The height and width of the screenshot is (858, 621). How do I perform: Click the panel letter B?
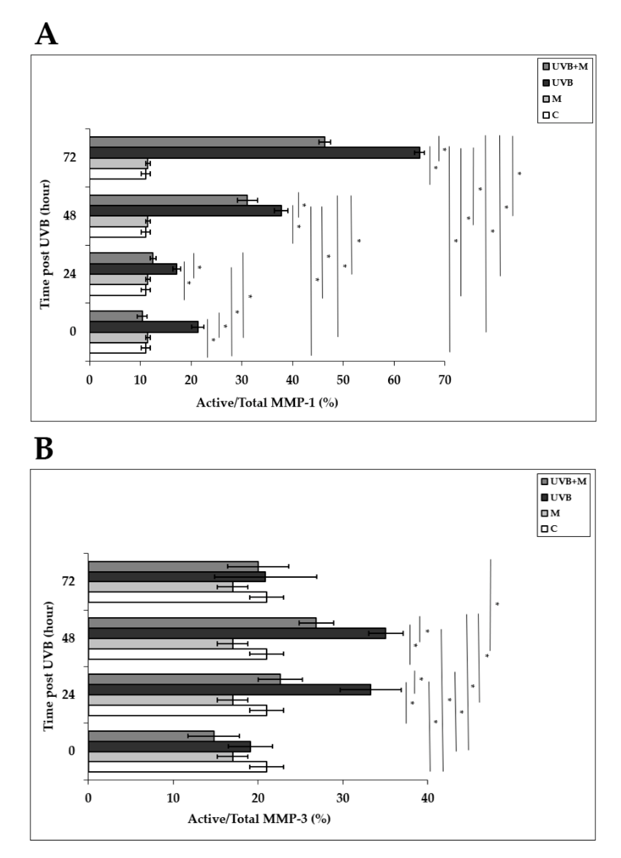(44, 449)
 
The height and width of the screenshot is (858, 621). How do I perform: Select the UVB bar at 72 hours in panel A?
(254, 153)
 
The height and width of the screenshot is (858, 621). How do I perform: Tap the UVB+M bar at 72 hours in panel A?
(207, 142)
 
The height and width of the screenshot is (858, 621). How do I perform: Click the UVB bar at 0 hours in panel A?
(144, 327)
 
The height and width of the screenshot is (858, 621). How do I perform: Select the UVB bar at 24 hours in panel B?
(229, 690)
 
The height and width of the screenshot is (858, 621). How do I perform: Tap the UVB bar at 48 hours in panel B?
(237, 633)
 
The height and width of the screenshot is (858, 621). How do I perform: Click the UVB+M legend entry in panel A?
(565, 67)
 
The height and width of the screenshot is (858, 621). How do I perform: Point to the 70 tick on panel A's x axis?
(444, 380)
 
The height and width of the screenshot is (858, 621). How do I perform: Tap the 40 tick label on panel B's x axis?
(427, 798)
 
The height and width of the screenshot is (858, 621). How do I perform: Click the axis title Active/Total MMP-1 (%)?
(267, 402)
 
